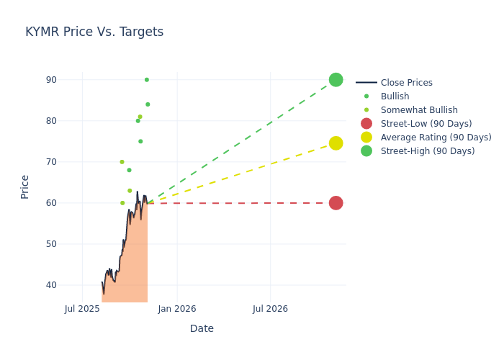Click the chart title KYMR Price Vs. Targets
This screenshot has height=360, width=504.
[x=94, y=32]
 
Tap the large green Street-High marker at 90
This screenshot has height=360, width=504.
[x=336, y=80]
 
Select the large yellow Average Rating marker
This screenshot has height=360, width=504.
[x=336, y=143]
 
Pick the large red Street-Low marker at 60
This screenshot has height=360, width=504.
[x=336, y=203]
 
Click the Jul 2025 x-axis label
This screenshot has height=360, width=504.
[x=82, y=310]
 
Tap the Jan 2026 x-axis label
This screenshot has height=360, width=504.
[x=177, y=310]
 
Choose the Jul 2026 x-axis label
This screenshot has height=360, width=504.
[x=270, y=310]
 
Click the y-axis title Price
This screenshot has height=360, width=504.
[x=25, y=186]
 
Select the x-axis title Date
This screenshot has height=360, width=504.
[x=202, y=329]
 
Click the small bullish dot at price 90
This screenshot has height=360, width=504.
[x=147, y=80]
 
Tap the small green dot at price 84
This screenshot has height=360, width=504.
[x=148, y=104]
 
